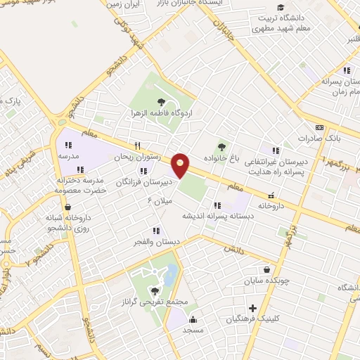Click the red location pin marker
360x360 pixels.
click(181, 165)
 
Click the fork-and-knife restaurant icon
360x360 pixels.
click(127, 146)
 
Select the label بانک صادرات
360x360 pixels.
click(327, 139)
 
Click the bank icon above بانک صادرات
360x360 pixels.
click(321, 128)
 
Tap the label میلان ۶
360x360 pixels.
click(160, 202)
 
